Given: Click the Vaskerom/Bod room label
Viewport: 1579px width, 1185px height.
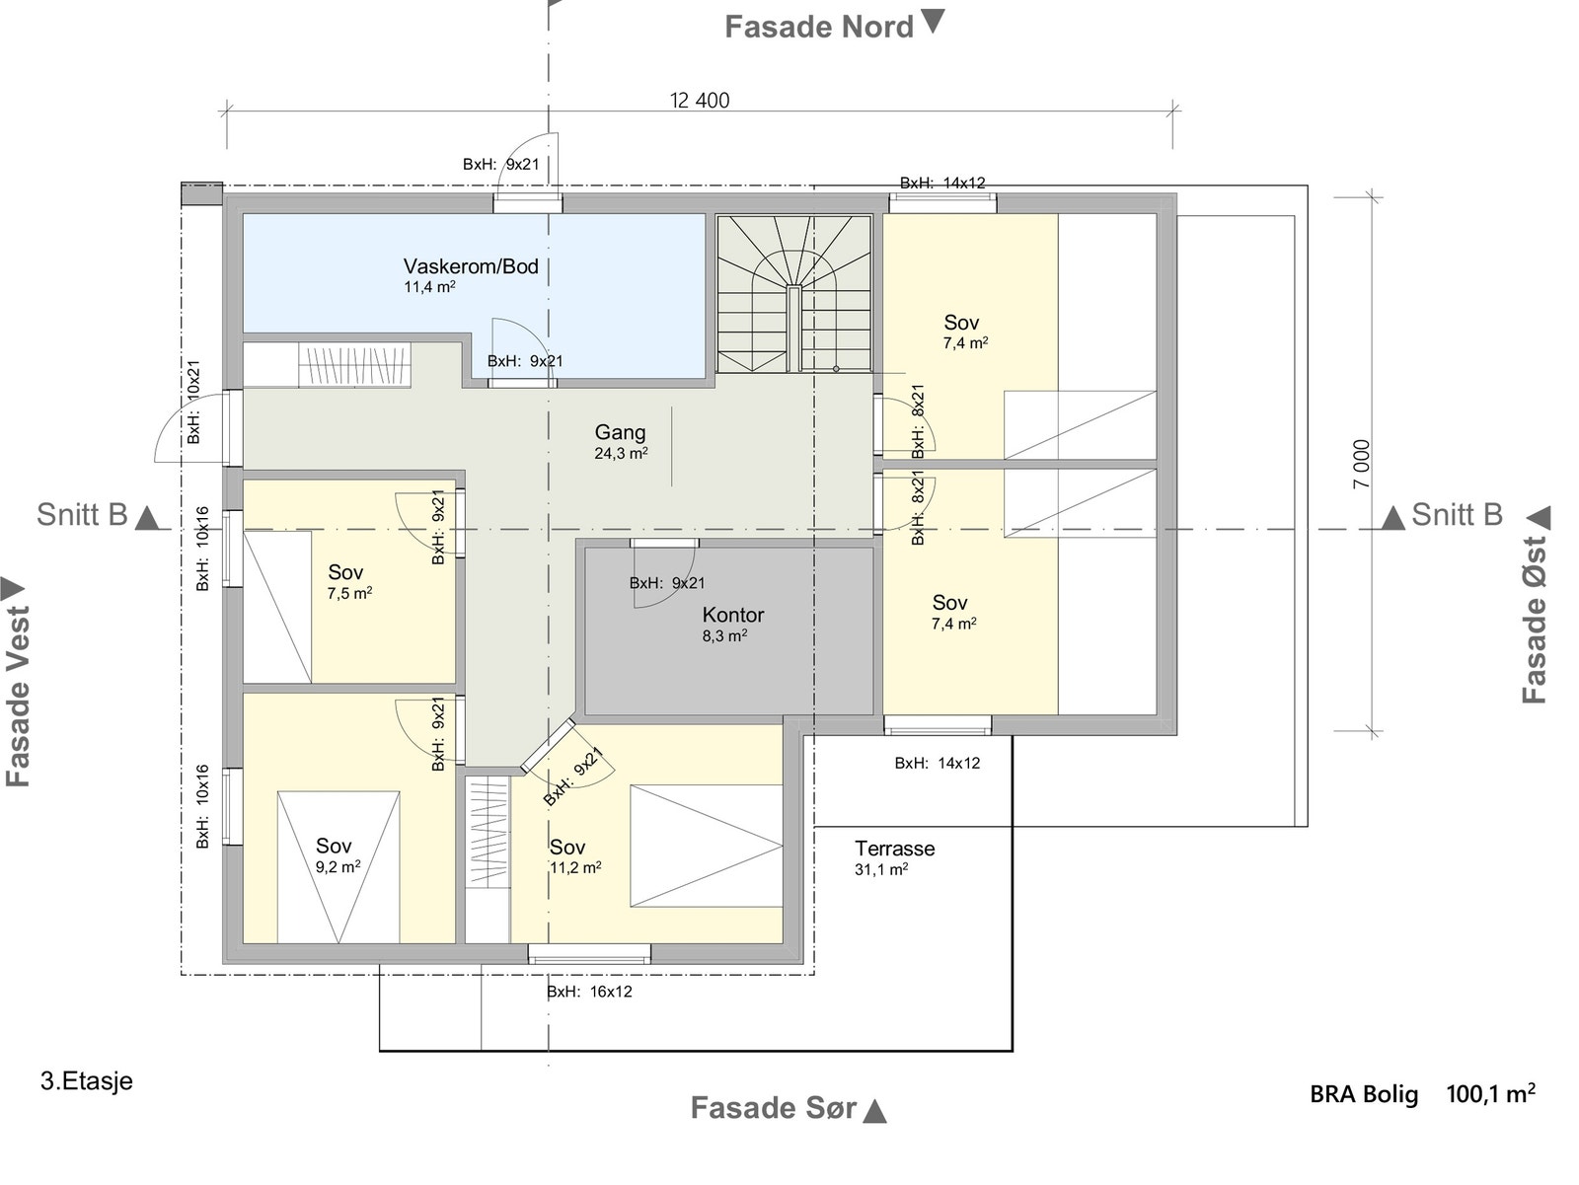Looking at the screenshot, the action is (471, 266).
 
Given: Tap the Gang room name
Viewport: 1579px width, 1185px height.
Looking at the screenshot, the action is (620, 432).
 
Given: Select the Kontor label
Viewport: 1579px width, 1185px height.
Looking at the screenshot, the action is (733, 615).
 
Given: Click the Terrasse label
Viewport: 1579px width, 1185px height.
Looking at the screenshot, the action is (894, 849).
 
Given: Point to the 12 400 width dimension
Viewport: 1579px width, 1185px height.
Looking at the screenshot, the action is (700, 101).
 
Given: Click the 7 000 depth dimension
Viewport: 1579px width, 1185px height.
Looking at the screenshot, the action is (1362, 465).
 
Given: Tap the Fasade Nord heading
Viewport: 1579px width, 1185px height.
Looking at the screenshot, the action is (819, 28).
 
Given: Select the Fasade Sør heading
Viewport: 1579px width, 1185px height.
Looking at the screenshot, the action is (774, 1108).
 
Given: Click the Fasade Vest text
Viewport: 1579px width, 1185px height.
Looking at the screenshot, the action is (18, 696).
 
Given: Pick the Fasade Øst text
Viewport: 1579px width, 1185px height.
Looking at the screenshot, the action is (1534, 620).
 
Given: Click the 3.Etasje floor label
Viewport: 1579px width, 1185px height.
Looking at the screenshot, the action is (87, 1081).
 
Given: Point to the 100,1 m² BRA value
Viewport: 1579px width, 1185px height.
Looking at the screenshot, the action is (1490, 1093).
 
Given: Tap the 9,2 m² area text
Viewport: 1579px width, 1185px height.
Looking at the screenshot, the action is (338, 867).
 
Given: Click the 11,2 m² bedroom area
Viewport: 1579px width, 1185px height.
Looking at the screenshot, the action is (575, 868).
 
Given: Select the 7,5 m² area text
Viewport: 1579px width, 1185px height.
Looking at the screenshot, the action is (349, 593).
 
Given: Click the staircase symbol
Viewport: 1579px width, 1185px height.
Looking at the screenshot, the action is (794, 293).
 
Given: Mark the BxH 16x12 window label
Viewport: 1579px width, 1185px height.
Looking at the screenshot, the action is (589, 992).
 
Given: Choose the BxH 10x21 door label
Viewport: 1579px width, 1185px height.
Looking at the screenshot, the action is (193, 402).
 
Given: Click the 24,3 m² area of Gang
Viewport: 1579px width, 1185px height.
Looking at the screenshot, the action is (621, 453).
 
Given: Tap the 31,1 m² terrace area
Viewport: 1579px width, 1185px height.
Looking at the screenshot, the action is (881, 869).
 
